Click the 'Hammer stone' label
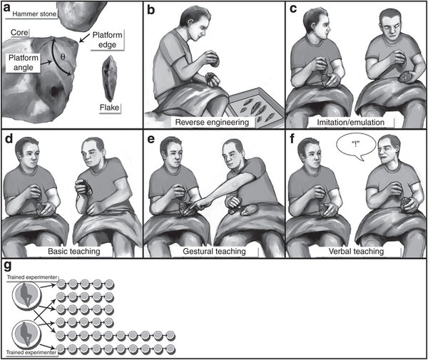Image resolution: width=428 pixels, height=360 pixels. pos(34,14)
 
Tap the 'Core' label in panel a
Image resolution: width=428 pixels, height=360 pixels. pos(19,33)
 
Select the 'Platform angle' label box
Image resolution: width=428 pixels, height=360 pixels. pos(24,63)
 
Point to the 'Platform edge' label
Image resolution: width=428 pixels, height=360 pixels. pos(107,40)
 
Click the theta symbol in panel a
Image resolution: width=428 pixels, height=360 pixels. pos(63,57)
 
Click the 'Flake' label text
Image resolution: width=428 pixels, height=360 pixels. pos(109,108)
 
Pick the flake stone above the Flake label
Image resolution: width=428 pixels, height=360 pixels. pos(110,78)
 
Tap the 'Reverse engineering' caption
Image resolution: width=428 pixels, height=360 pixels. pos(212,122)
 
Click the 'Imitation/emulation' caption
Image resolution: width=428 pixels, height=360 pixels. pos(350,122)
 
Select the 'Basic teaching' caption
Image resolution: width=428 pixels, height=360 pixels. pos(74,251)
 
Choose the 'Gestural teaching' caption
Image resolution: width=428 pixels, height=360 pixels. pos(214,251)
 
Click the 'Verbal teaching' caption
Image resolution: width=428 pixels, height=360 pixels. pos(356,251)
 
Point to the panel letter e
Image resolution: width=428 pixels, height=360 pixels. pos(151,139)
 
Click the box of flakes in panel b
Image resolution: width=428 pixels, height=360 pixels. pos(255,106)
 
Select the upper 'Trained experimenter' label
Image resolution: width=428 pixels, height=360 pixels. pos(32,277)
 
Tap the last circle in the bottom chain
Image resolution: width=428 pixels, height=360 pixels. pos(170,349)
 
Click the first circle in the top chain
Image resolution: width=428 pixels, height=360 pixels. pos(61,284)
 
